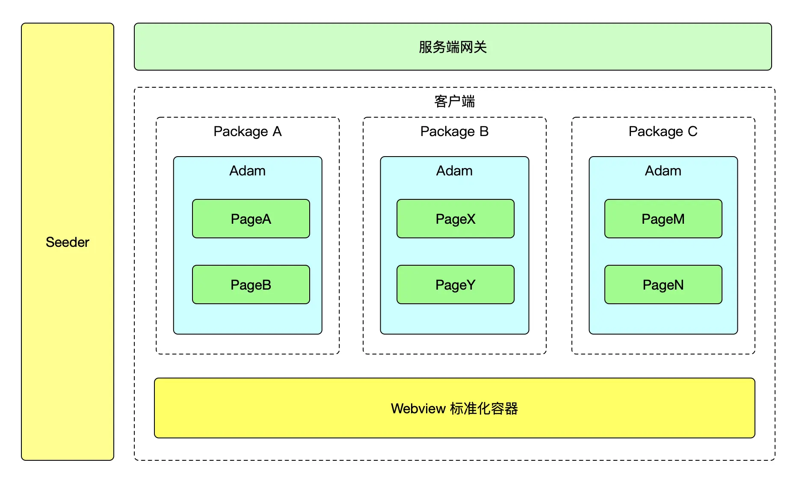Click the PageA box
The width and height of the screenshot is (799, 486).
tap(251, 219)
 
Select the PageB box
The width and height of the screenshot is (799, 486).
tap(251, 284)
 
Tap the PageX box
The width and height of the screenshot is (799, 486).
tap(456, 219)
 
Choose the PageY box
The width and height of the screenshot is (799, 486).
tap(456, 284)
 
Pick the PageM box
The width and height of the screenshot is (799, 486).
tap(663, 219)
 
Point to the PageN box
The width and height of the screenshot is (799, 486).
tap(663, 284)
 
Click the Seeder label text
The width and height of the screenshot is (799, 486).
tap(68, 242)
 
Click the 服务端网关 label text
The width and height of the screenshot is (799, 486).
tap(453, 47)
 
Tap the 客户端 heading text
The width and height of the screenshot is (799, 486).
tap(455, 101)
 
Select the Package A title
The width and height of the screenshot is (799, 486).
tap(248, 132)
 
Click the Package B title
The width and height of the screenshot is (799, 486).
tap(455, 132)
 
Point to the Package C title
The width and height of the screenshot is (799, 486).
tap(663, 132)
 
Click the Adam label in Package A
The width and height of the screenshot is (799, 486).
tap(248, 171)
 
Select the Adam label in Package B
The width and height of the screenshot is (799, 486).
tap(455, 171)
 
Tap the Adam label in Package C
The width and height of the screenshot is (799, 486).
tap(663, 171)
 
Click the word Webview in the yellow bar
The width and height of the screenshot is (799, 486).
tap(418, 409)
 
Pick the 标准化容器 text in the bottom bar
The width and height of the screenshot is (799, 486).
tap(484, 409)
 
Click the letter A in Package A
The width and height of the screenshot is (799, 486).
tap(277, 131)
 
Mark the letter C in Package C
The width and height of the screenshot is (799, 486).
tap(692, 131)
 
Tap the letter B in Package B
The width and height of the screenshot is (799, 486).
tap(484, 131)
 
